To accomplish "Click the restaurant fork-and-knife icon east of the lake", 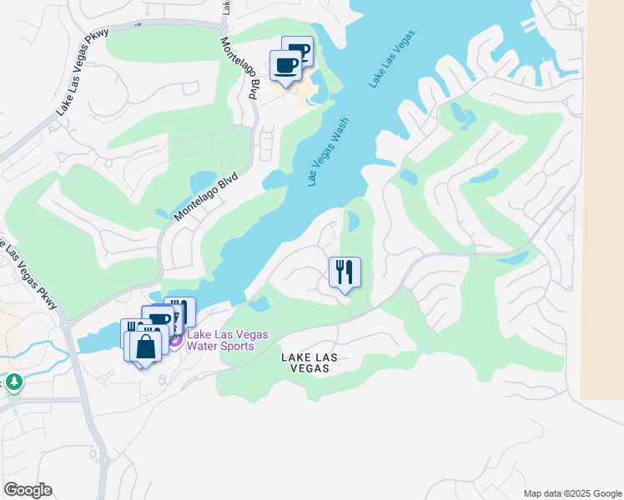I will [x=345, y=272].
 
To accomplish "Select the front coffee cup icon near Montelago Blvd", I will [x=285, y=65].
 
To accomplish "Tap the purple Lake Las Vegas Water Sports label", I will [x=227, y=340].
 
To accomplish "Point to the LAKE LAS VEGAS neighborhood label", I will [x=309, y=362].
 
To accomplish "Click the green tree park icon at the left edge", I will [x=13, y=382].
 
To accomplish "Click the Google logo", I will [x=28, y=490].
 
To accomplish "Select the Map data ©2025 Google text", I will [x=571, y=493].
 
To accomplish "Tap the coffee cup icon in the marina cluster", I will [x=159, y=318].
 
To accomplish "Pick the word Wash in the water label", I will [x=339, y=132].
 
